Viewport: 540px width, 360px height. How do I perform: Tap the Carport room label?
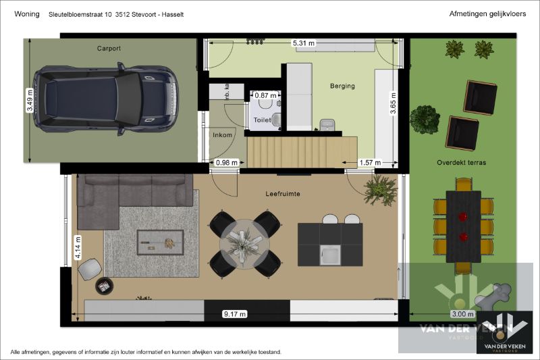pyautogui.click(x=109, y=49)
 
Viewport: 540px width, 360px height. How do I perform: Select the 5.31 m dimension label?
pyautogui.click(x=303, y=43)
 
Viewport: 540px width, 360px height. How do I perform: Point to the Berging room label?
pyautogui.click(x=342, y=86)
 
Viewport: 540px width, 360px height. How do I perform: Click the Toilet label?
pyautogui.click(x=261, y=120)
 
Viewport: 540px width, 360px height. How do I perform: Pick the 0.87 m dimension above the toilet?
pyautogui.click(x=265, y=95)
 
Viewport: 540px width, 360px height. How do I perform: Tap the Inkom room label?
pyautogui.click(x=222, y=135)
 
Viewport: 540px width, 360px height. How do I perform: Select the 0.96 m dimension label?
pyautogui.click(x=226, y=163)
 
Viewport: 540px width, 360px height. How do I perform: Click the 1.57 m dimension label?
pyautogui.click(x=370, y=163)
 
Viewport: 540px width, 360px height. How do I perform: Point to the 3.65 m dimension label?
pyautogui.click(x=394, y=104)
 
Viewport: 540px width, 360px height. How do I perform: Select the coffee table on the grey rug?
pyautogui.click(x=160, y=241)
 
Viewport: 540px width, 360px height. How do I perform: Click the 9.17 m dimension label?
pyautogui.click(x=235, y=314)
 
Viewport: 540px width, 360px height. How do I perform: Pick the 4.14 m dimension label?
pyautogui.click(x=78, y=247)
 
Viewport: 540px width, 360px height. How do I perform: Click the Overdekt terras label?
pyautogui.click(x=462, y=163)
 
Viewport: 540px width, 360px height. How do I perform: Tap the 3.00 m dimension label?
pyautogui.click(x=462, y=314)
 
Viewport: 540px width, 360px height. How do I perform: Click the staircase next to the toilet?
pyautogui.click(x=301, y=150)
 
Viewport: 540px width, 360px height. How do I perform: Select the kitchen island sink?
pyautogui.click(x=330, y=255)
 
